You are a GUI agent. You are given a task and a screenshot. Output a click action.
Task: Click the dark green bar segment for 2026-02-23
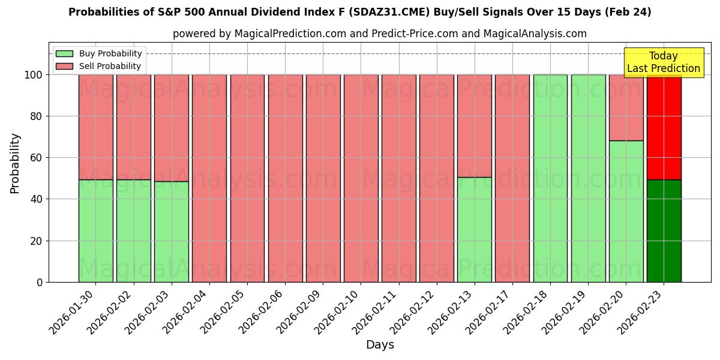(x=664, y=230)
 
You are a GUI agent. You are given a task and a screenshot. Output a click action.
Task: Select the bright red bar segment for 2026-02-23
(x=664, y=127)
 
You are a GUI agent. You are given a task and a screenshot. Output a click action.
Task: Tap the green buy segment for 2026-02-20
(x=626, y=211)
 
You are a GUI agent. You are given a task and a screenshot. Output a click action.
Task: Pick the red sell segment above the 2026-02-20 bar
(x=626, y=108)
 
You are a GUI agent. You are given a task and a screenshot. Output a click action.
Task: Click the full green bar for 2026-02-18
(x=550, y=178)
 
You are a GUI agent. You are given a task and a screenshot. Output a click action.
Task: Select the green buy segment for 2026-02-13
(x=474, y=229)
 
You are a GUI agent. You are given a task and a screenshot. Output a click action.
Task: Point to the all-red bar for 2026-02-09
(x=323, y=178)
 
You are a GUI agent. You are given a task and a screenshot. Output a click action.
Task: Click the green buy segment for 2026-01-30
(x=95, y=230)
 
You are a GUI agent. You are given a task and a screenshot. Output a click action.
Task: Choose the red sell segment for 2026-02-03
(x=171, y=128)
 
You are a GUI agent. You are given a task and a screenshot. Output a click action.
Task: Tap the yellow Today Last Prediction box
(x=663, y=62)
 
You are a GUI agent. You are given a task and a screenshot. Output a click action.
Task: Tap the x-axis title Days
(x=380, y=345)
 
